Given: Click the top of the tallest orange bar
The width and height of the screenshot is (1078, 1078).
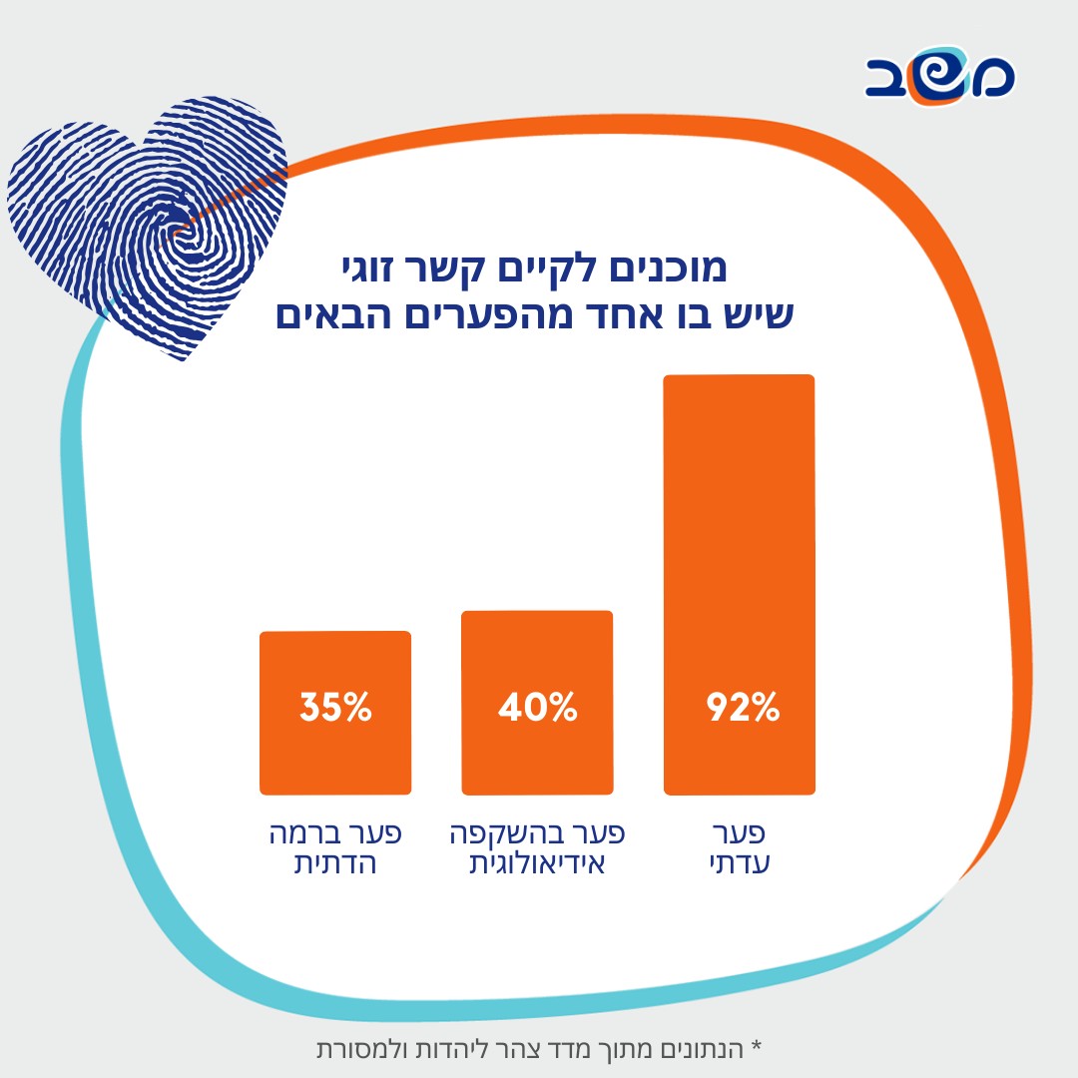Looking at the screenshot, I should (x=740, y=378).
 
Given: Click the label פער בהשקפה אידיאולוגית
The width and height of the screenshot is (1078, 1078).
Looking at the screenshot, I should (x=538, y=848).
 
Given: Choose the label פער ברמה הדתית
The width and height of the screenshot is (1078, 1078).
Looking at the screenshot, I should (x=336, y=848).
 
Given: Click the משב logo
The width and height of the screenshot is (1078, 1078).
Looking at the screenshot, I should (x=939, y=75).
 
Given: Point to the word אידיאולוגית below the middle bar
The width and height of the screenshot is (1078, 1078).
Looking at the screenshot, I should (x=538, y=864).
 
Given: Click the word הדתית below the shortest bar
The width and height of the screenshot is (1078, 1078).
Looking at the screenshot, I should (x=335, y=864).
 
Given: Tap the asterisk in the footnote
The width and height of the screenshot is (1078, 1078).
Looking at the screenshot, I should (x=756, y=1047).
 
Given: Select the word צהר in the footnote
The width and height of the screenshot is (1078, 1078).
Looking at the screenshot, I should (x=529, y=1050).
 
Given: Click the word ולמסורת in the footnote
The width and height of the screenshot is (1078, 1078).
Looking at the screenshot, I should (x=360, y=1050).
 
